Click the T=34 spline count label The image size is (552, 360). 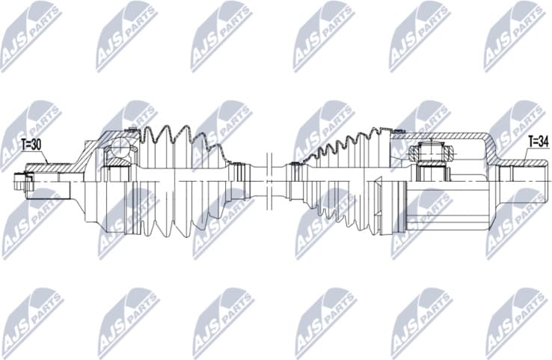click(x=538, y=141)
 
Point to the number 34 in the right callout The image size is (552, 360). click(x=543, y=141)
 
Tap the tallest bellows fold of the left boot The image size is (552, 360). click(x=159, y=135)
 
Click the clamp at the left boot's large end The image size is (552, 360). click(x=137, y=142)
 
